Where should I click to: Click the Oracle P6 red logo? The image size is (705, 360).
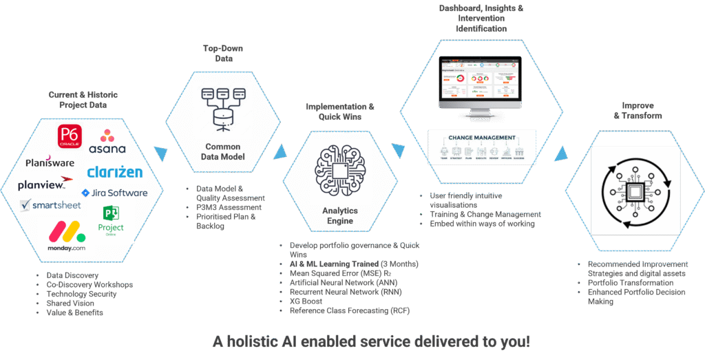pyautogui.click(x=70, y=137)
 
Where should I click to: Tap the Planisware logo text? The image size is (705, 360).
pyautogui.click(x=50, y=162)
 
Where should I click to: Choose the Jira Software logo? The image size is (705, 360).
pyautogui.click(x=114, y=193)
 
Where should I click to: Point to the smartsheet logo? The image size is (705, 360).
pyautogui.click(x=51, y=204)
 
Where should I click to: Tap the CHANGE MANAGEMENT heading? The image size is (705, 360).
pyautogui.click(x=481, y=138)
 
